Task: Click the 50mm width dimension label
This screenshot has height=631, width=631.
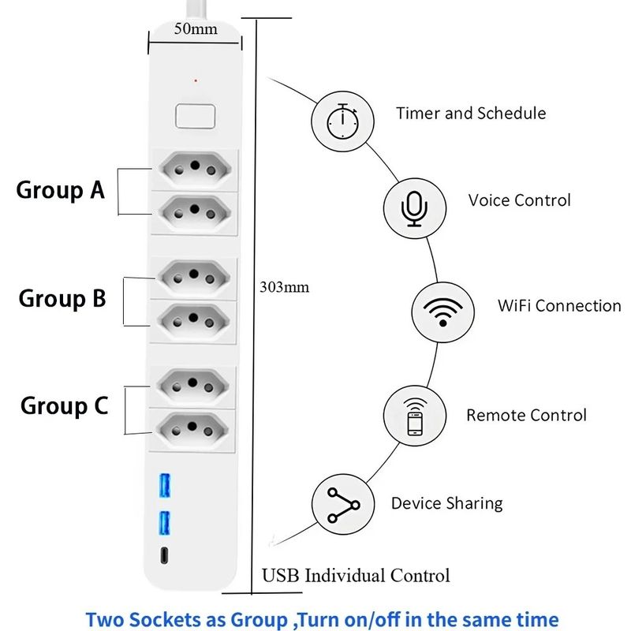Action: [196, 29]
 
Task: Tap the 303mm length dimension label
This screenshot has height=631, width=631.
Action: [285, 287]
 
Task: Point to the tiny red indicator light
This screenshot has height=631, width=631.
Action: [196, 81]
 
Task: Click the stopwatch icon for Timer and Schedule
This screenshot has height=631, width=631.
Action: [342, 121]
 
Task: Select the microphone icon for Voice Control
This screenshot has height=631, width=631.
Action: [415, 209]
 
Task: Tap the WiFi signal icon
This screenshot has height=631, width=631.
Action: [442, 312]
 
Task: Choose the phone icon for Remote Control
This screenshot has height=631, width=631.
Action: [415, 416]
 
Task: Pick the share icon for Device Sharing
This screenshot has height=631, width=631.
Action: [343, 505]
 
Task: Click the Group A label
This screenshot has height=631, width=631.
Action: [61, 190]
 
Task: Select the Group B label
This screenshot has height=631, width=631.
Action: [62, 299]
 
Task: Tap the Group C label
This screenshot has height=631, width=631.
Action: [65, 405]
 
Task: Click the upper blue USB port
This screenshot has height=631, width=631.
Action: [165, 486]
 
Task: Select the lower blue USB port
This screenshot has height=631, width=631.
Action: [164, 523]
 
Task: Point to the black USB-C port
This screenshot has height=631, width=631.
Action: [164, 555]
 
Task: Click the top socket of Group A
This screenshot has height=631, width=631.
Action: [195, 168]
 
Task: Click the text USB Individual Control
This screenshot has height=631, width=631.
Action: [356, 576]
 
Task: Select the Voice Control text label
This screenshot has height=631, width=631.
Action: [520, 200]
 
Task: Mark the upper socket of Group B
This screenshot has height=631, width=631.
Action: [194, 277]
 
